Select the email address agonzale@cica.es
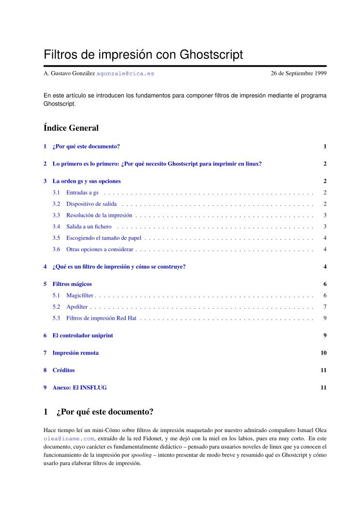[x=126, y=74]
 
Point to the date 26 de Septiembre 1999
[x=299, y=74]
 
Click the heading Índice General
[x=71, y=128]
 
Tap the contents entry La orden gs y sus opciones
[x=87, y=181]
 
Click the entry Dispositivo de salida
[x=91, y=204]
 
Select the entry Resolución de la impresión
[x=99, y=215]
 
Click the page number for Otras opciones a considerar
[x=325, y=249]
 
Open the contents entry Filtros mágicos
[x=72, y=284]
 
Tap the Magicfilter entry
[x=80, y=295]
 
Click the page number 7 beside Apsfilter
[x=325, y=307]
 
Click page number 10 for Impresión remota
[x=324, y=353]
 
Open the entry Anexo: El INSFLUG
[x=79, y=388]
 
